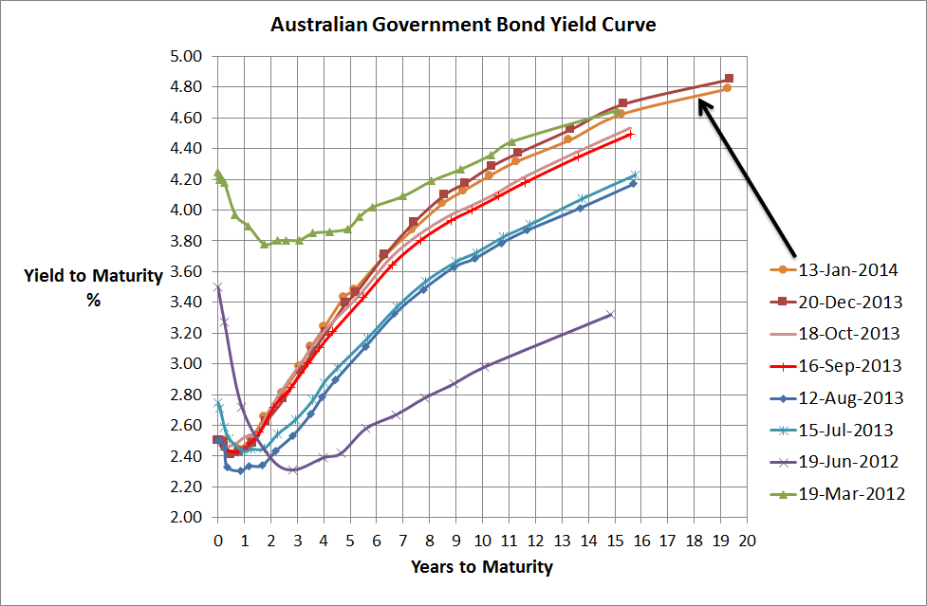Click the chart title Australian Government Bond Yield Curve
pos(463,24)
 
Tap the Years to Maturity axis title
pos(482,567)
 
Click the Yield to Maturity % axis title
pos(77,285)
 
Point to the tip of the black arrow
pos(699,100)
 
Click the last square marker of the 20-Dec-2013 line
pos(729,79)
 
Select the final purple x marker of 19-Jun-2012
pos(610,314)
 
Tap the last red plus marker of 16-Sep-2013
pos(630,134)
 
